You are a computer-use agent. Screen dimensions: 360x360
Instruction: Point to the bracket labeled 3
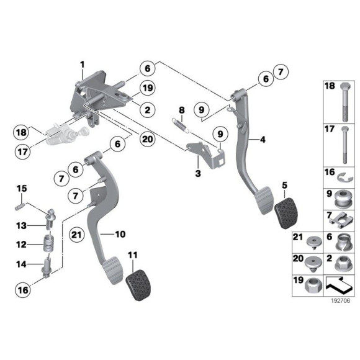coord(206,154)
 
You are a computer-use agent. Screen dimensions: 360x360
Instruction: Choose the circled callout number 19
coord(147,88)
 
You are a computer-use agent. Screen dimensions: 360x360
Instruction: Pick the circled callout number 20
coord(147,139)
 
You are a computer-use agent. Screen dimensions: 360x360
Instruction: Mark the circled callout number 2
coord(147,110)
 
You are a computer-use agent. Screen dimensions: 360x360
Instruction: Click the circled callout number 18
coord(20,132)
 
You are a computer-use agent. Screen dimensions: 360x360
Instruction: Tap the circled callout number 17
coord(20,149)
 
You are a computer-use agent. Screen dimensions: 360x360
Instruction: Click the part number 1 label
coord(81,65)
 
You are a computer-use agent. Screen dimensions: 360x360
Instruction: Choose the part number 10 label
coord(120,234)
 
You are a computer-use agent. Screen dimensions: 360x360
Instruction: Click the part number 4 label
coord(263,140)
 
